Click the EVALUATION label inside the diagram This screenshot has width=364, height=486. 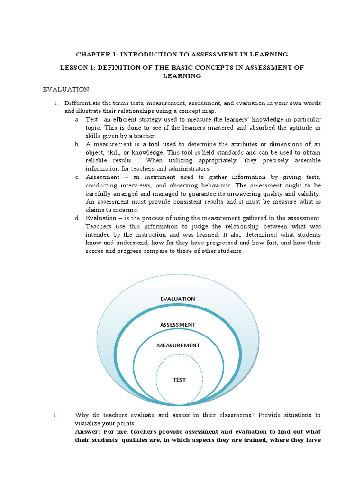tap(177, 299)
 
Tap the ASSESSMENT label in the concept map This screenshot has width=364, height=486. tap(177, 324)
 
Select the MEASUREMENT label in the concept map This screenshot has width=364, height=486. tap(178, 345)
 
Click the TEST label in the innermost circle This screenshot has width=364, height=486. tap(179, 380)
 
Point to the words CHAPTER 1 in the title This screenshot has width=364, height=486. tap(93, 55)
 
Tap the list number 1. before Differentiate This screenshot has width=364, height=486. tap(55, 103)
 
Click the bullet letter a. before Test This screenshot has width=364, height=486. tap(77, 119)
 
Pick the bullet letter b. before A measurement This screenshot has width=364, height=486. tap(77, 144)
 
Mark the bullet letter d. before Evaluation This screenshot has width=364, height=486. tap(77, 218)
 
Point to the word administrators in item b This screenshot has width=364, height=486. tap(189, 168)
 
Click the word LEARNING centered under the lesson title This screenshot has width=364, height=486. tap(182, 76)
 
